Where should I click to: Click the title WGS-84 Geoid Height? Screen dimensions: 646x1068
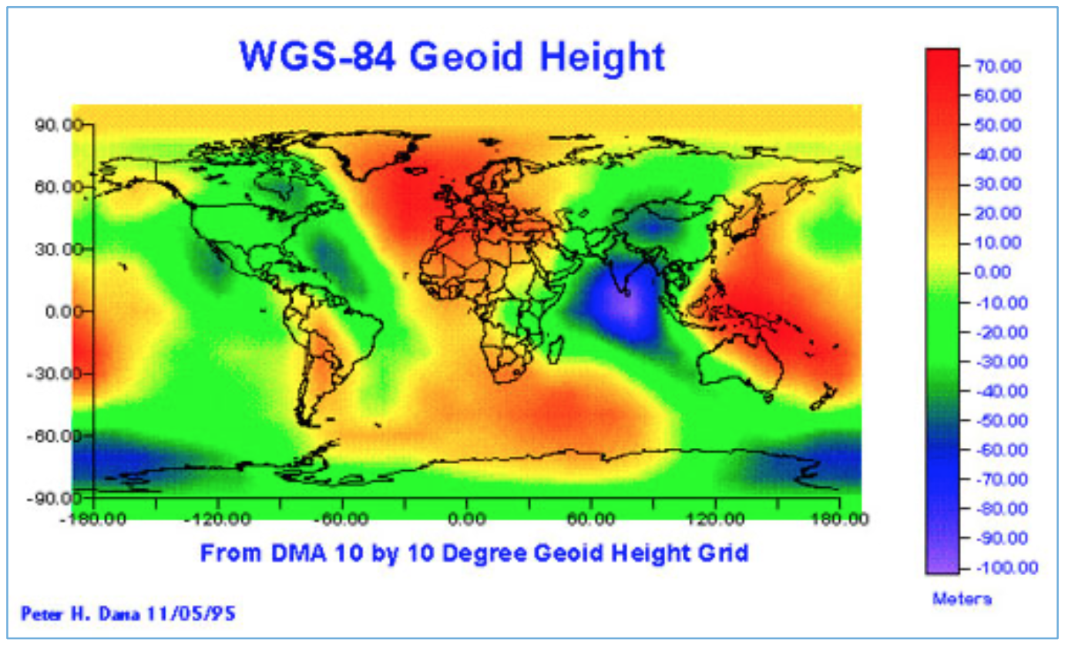(452, 56)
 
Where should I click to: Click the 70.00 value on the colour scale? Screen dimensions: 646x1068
(999, 66)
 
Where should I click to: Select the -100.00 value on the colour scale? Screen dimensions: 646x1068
(996, 568)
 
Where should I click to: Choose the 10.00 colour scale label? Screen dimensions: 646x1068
(999, 243)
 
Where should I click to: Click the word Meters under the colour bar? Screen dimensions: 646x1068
(962, 599)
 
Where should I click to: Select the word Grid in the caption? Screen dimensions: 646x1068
(724, 553)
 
